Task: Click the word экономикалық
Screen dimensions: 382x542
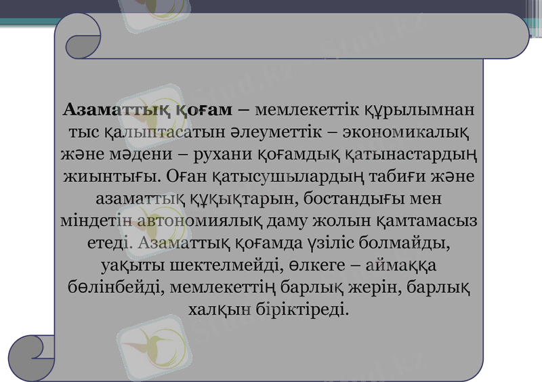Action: pyautogui.click(x=412, y=132)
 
